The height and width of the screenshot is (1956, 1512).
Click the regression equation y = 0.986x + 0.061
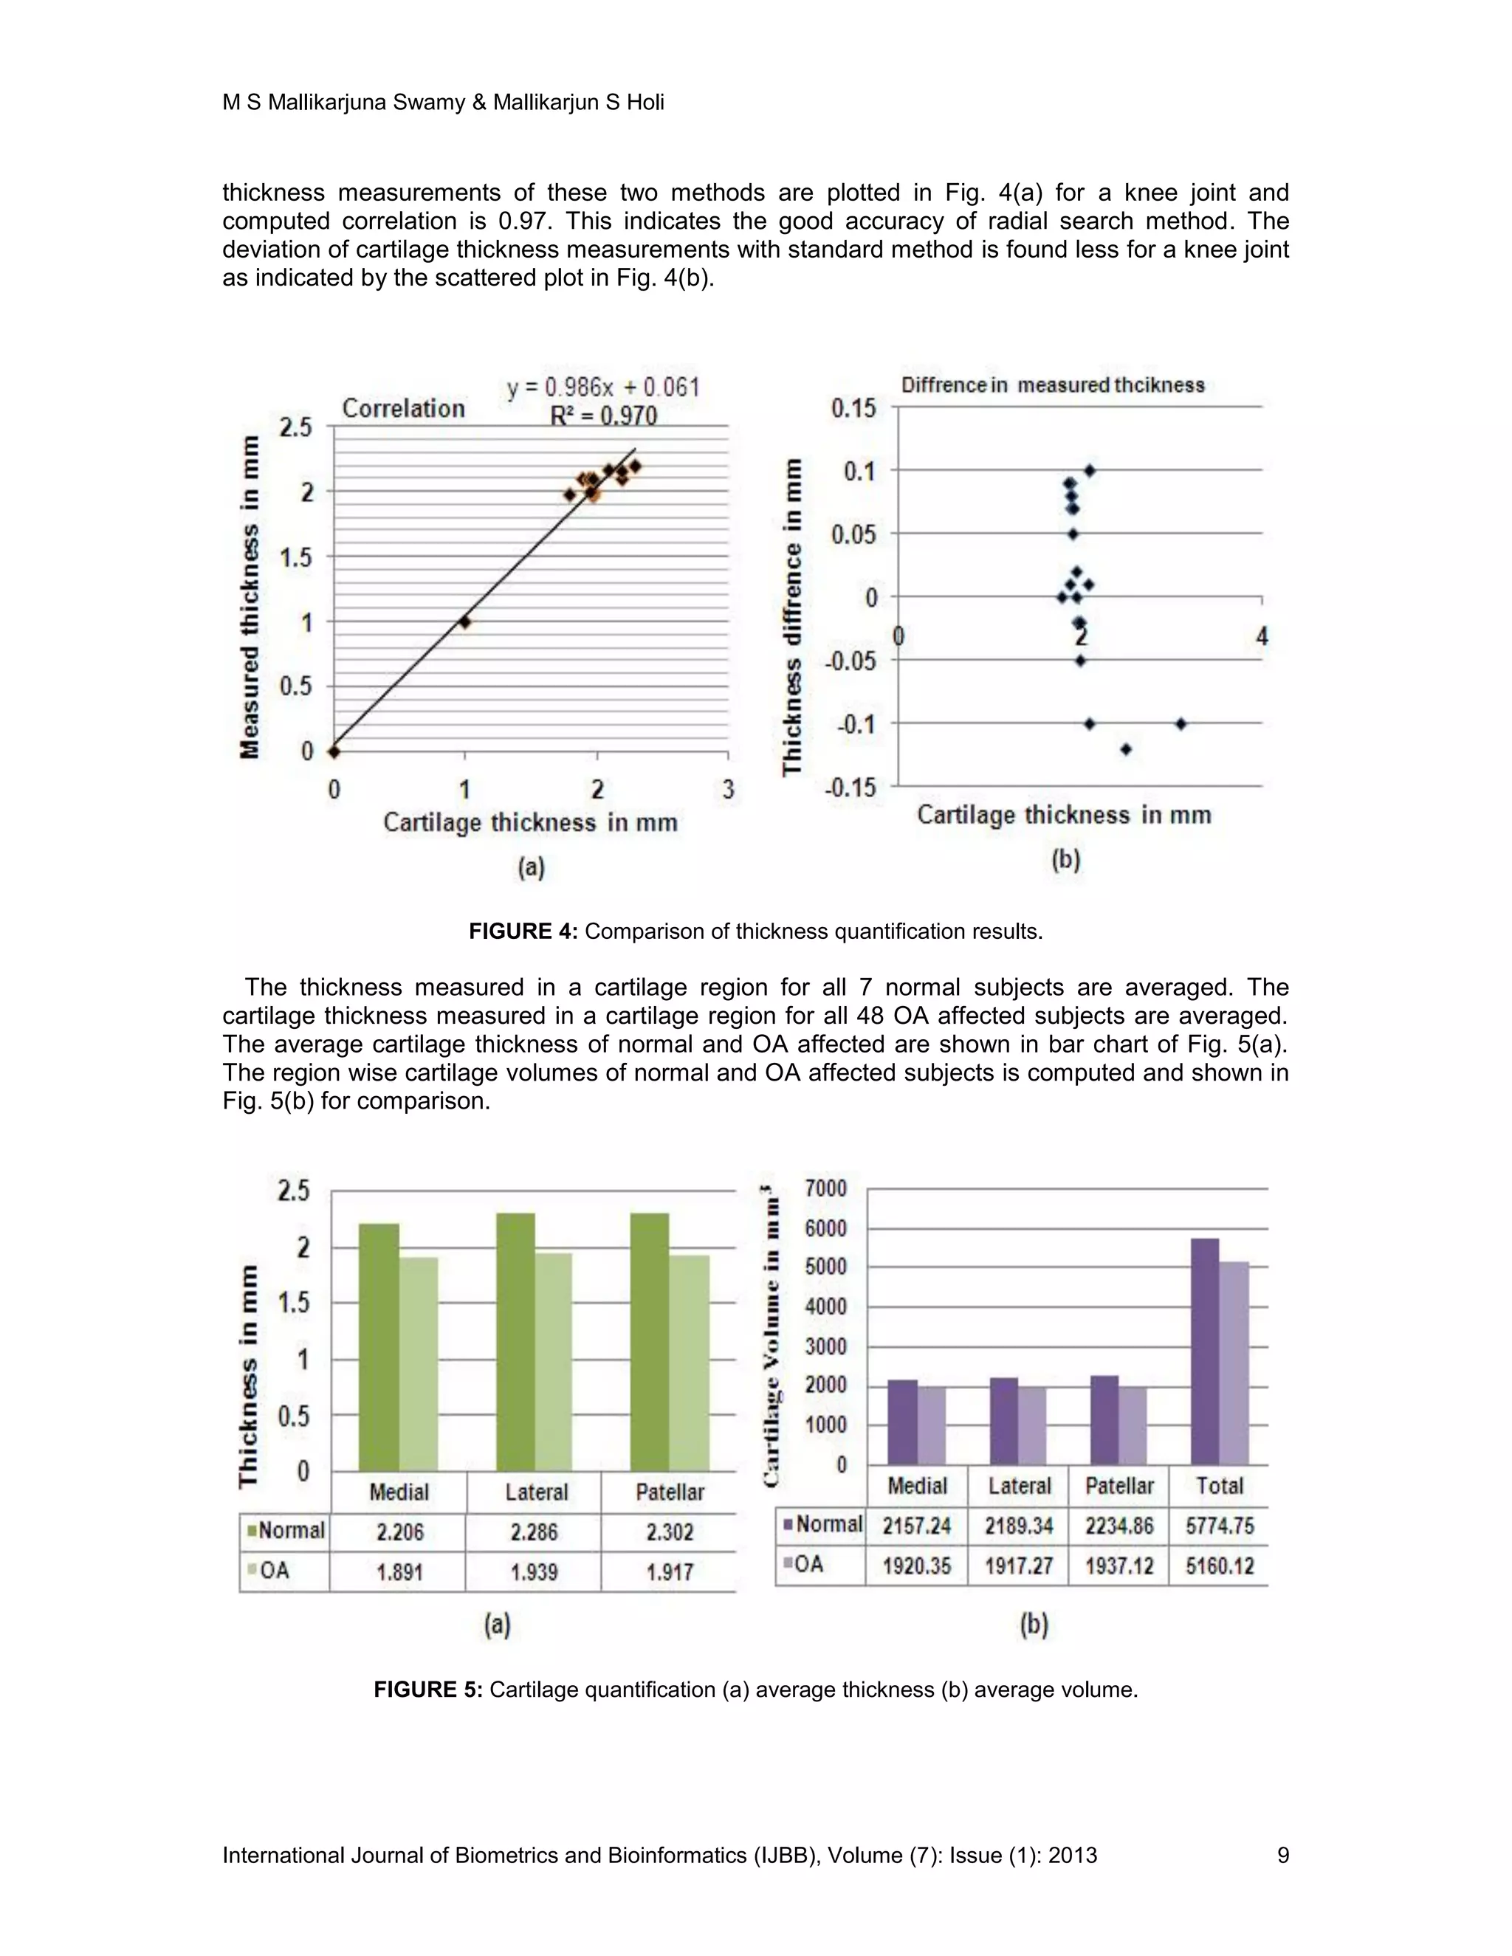coord(603,387)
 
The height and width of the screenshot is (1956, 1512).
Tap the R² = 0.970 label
coord(603,416)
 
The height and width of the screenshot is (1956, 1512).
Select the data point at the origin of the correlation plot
coord(334,751)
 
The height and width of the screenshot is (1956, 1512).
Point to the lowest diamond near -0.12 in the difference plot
coord(1126,748)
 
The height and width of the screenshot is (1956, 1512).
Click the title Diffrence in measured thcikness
coord(1053,385)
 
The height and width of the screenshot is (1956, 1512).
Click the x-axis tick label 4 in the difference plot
coord(1262,637)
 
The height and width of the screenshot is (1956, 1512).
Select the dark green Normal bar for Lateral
coord(515,1343)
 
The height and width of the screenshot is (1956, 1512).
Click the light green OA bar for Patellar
coord(689,1361)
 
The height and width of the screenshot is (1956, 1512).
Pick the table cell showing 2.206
coord(399,1532)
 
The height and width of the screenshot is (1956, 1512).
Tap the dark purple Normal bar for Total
coord(1205,1352)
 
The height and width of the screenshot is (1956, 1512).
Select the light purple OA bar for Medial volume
coord(932,1426)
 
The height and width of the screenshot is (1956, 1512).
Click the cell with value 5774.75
coord(1219,1526)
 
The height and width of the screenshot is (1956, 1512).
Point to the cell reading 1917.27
coord(1018,1566)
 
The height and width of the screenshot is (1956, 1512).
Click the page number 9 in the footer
coord(1282,1855)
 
